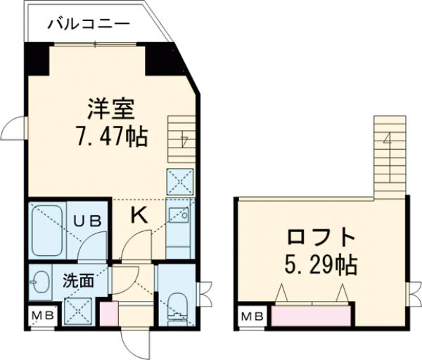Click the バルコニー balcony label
pyautogui.click(x=89, y=24)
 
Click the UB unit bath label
pyautogui.click(x=89, y=220)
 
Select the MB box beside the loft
pyautogui.click(x=252, y=317)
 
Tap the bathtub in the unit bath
pyautogui.click(x=47, y=229)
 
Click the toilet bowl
pyautogui.click(x=177, y=305)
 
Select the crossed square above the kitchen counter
pyautogui.click(x=179, y=182)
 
